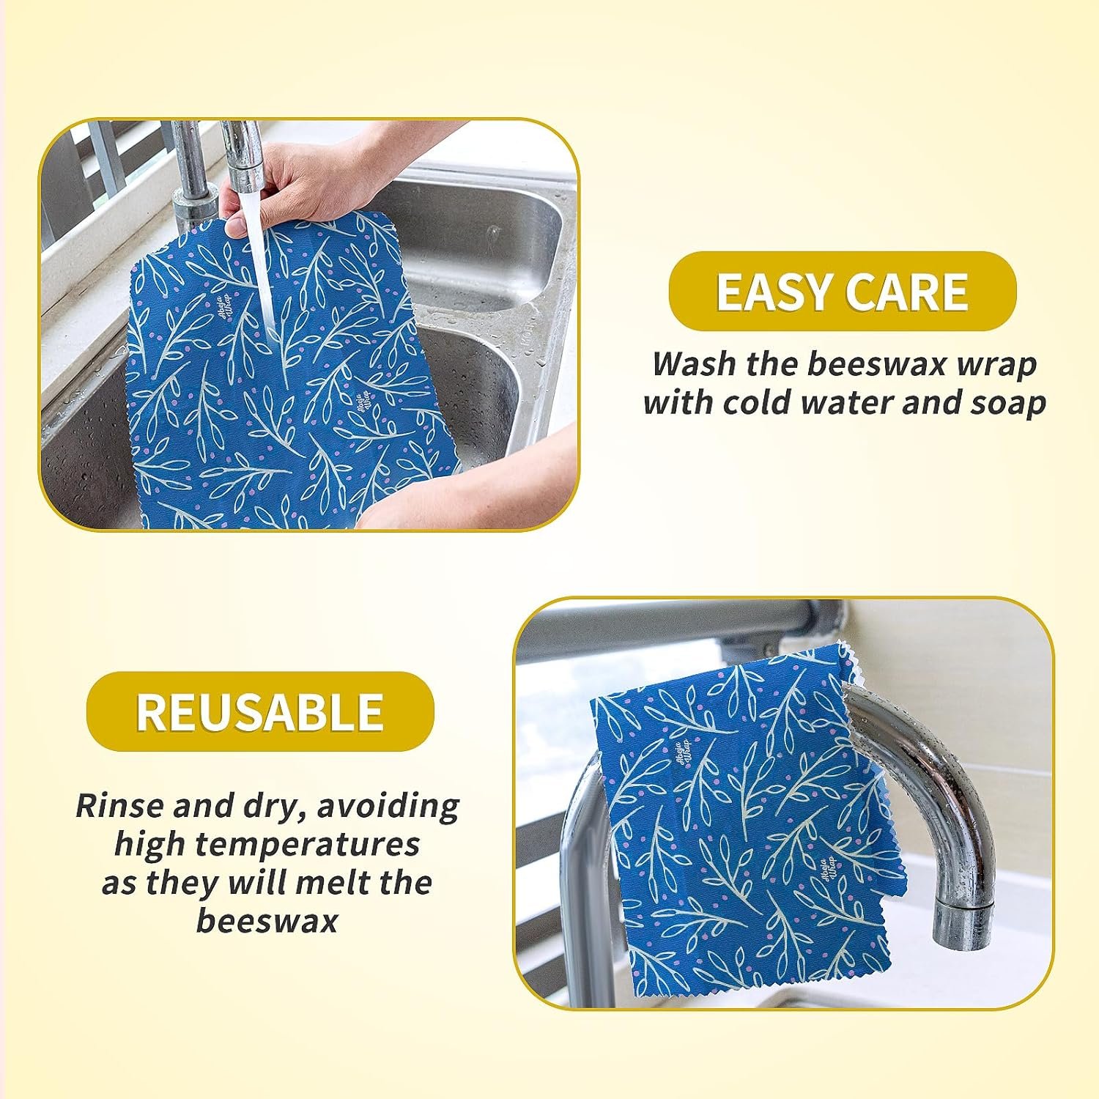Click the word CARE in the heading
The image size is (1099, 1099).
tap(906, 292)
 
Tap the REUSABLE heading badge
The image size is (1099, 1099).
tap(260, 711)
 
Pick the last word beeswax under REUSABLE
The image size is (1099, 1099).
tap(267, 921)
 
